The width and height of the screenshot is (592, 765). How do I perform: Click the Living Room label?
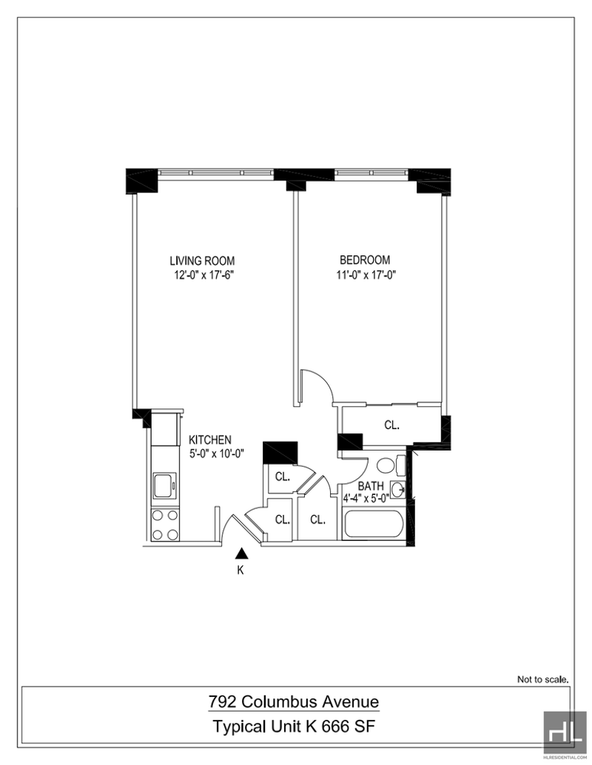click(202, 260)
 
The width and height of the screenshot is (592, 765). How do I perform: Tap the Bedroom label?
click(365, 260)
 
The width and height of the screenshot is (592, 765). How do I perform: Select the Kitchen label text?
click(210, 439)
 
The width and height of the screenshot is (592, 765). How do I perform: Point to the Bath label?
click(371, 486)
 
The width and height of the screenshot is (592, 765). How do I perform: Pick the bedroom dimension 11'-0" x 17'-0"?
click(366, 274)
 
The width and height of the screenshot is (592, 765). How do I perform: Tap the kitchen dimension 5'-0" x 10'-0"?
click(216, 454)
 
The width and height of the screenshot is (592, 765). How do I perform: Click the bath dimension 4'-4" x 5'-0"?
click(366, 499)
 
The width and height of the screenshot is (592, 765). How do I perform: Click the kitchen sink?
click(165, 485)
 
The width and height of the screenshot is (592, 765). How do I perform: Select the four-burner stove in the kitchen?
click(165, 525)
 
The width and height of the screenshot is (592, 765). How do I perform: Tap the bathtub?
click(373, 524)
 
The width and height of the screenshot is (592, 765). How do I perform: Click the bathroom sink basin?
click(398, 489)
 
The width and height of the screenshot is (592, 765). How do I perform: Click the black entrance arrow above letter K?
click(241, 553)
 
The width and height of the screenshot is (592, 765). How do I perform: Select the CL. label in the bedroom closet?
click(392, 425)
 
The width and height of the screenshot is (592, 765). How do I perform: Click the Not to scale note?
click(542, 678)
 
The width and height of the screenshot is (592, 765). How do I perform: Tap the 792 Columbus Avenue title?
click(294, 701)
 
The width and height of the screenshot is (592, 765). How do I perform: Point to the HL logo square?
click(565, 732)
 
